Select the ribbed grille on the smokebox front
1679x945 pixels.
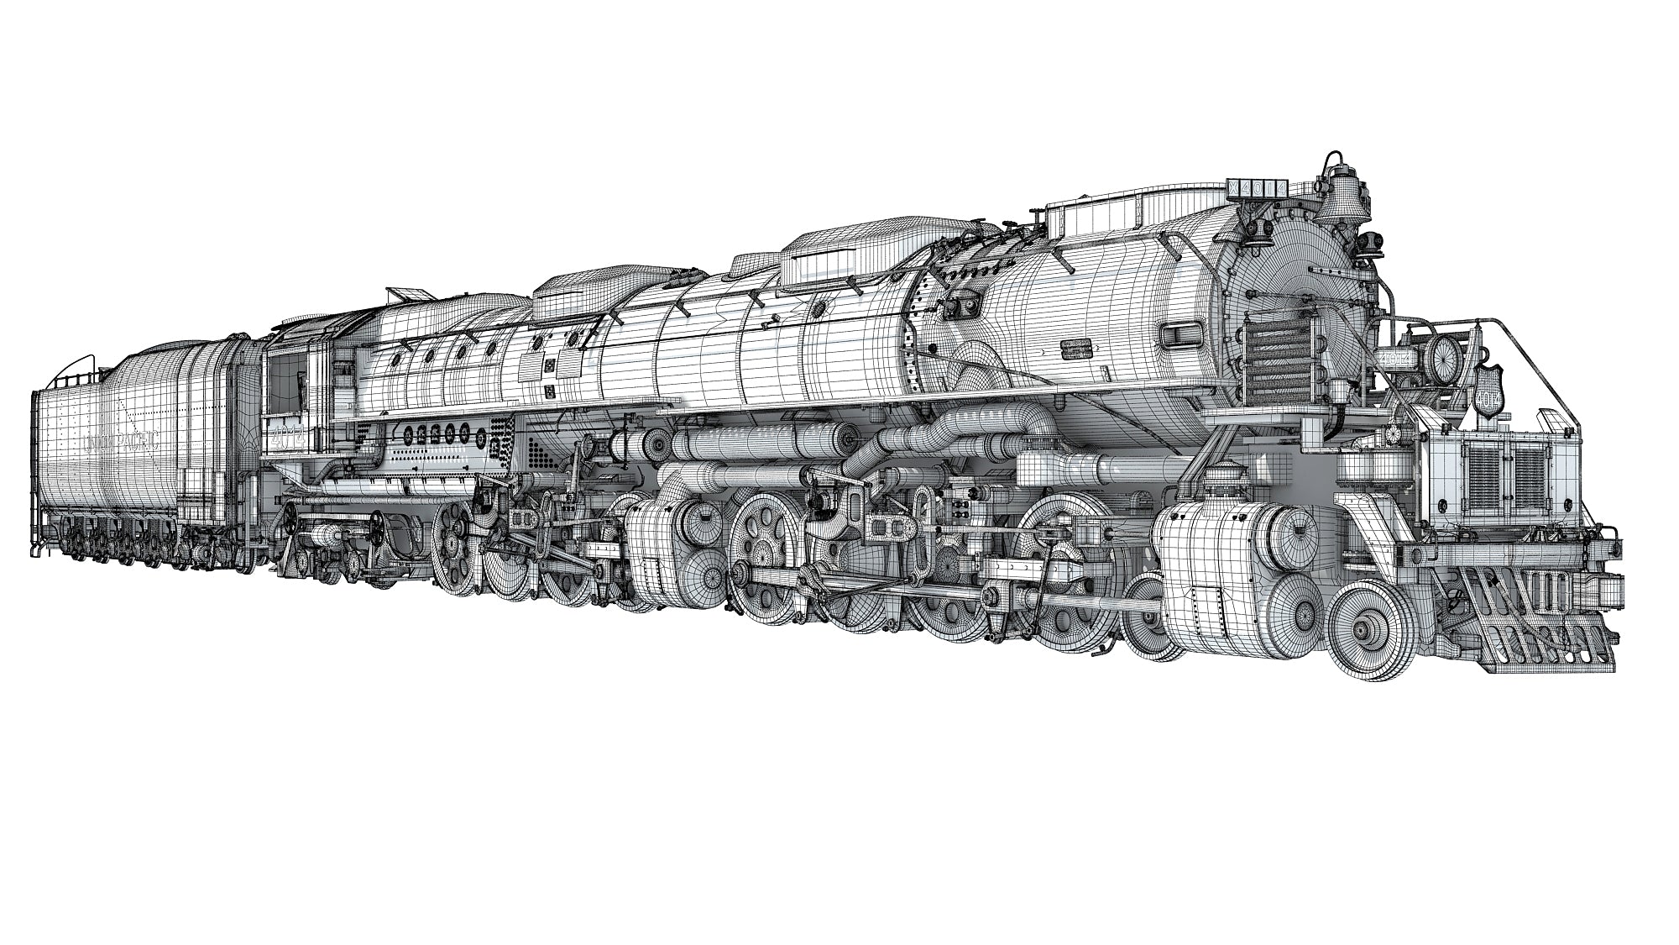pos(1276,349)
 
